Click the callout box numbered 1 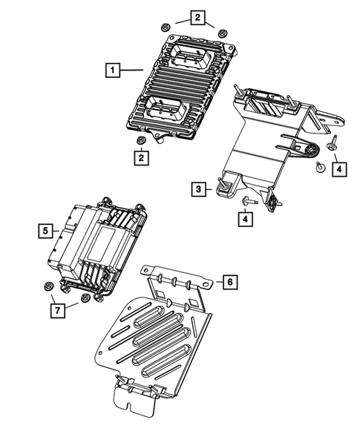tap(111, 71)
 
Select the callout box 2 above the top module tap(197, 17)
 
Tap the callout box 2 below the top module tap(140, 157)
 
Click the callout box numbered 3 tap(199, 190)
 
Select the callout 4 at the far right tap(338, 169)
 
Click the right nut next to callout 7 tap(85, 298)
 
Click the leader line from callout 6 tap(209, 283)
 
